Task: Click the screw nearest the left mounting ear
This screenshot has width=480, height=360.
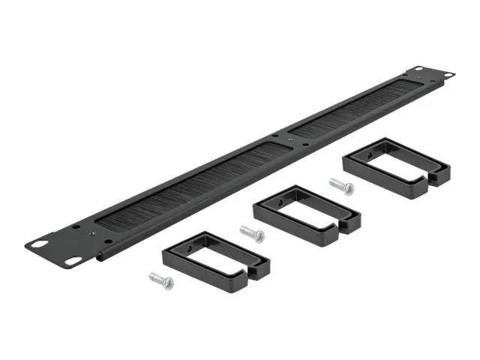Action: coord(161,281)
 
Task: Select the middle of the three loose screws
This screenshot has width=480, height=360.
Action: coord(251,234)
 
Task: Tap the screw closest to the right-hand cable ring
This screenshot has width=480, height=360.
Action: coord(340,184)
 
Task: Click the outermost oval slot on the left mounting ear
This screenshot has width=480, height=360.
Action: coord(37,244)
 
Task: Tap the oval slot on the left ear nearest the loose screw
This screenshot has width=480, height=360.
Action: coord(73,261)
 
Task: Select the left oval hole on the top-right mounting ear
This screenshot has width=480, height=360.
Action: coord(418,70)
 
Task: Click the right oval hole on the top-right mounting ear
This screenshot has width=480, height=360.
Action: coord(448,74)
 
